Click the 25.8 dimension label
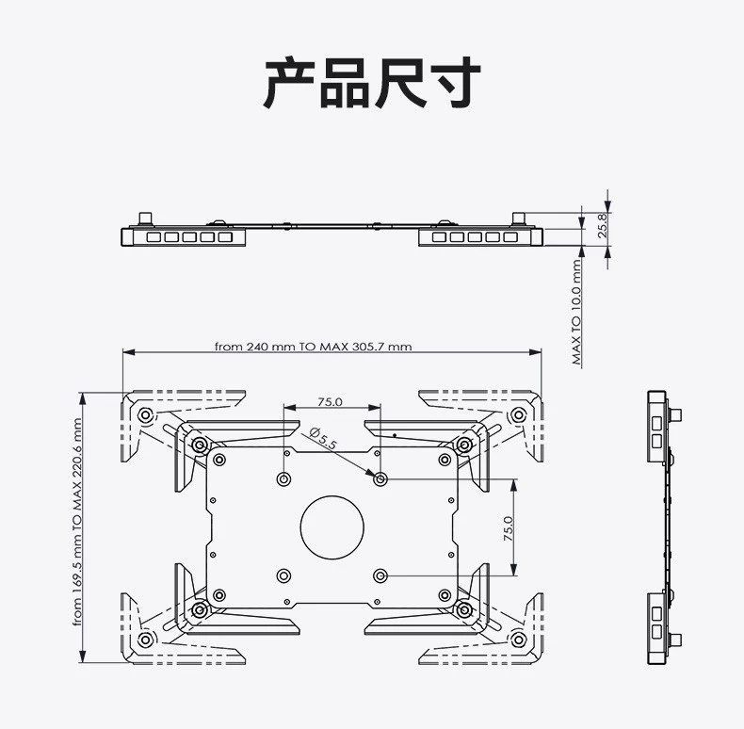coord(602,225)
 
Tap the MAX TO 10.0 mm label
coord(576,312)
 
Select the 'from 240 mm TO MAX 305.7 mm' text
coord(314,347)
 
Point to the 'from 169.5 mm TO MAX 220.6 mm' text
coord(77,522)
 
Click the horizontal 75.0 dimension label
coord(331,402)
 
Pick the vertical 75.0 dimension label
coord(509,528)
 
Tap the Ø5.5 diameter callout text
coord(323,438)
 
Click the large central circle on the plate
coord(332,527)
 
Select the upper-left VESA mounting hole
coord(283,478)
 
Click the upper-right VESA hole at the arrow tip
coord(380,479)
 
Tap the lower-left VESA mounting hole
coord(283,576)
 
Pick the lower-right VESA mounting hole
coord(380,576)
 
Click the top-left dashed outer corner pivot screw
coord(145,415)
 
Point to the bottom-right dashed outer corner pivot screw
coord(519,640)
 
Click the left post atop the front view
coord(145,219)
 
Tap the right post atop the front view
coord(518,219)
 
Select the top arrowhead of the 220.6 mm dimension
coord(83,399)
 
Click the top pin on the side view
coord(676,414)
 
